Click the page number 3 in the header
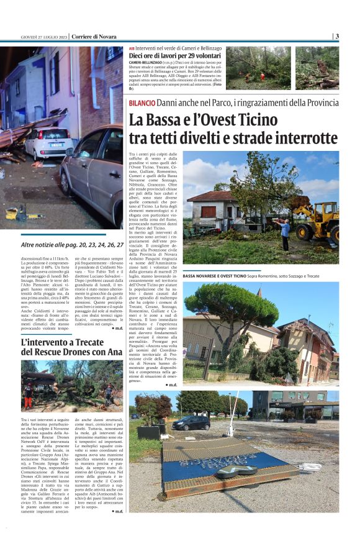(x=337, y=36)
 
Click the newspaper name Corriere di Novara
(x=94, y=36)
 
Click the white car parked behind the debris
(x=48, y=142)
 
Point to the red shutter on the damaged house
(x=208, y=212)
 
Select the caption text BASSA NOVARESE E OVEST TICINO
(x=220, y=275)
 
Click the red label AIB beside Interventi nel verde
(x=132, y=48)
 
